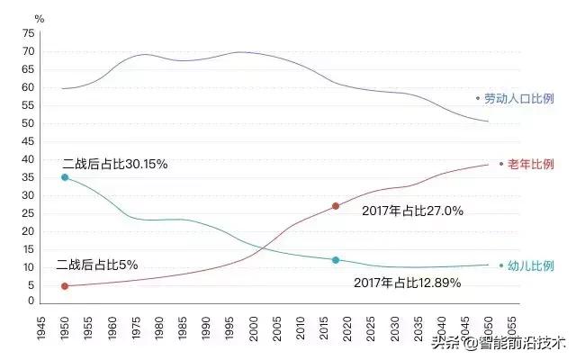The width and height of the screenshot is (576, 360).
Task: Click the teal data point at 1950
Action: [65, 177]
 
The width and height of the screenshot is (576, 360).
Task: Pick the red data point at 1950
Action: [65, 286]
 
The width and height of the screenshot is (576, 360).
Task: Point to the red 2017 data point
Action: [336, 206]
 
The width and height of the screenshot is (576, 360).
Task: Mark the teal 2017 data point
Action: [336, 260]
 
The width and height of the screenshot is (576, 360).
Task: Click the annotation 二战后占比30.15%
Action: [115, 165]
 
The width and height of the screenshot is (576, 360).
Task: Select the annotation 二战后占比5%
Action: [96, 265]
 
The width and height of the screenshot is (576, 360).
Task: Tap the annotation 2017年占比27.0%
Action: [412, 211]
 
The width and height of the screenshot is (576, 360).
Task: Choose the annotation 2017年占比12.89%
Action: [409, 283]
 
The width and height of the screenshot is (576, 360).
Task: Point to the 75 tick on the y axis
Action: [28, 33]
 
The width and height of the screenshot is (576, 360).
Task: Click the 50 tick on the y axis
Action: [28, 123]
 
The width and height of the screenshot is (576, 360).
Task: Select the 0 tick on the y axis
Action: [31, 302]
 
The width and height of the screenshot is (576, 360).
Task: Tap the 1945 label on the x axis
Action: [41, 326]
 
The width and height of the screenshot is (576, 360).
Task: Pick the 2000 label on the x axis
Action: [255, 326]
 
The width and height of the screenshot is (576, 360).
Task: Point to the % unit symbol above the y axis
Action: [39, 18]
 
